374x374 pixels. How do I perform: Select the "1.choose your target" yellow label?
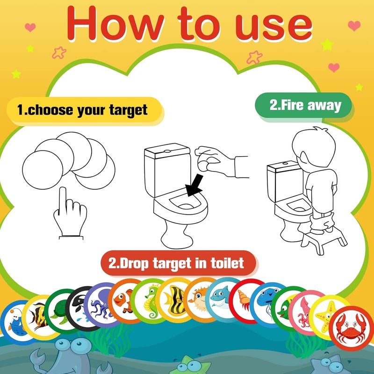(x=82, y=110)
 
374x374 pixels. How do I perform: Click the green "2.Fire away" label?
(x=304, y=105)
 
